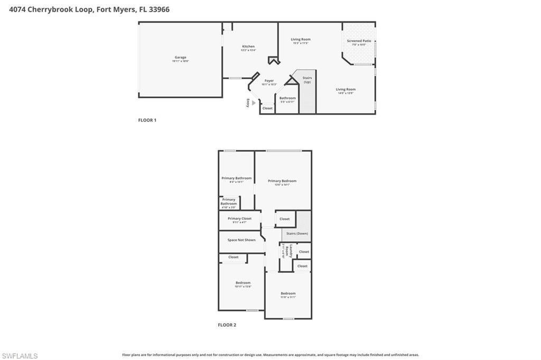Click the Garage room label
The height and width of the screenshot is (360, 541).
[181, 58]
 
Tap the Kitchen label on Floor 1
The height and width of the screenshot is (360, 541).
[248, 46]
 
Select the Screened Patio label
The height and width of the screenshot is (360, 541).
[359, 41]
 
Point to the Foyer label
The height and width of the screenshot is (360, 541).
[269, 81]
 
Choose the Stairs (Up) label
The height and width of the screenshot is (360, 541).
[307, 80]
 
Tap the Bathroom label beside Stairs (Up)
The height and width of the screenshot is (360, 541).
[288, 98]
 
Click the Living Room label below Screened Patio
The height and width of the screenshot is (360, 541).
[346, 89]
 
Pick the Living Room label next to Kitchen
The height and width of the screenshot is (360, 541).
[301, 39]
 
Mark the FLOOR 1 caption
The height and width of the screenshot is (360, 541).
[147, 120]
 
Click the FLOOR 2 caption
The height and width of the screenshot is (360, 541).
[227, 325]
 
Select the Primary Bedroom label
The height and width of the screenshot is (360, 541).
[282, 181]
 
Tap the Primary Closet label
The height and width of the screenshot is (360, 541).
[240, 219]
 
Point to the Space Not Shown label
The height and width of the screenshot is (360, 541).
[241, 240]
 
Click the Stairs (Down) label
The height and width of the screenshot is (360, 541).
[297, 233]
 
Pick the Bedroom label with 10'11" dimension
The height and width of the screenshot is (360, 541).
[243, 283]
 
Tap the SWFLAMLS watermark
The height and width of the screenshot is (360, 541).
[20, 356]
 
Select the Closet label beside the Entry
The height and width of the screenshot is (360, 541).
[268, 108]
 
